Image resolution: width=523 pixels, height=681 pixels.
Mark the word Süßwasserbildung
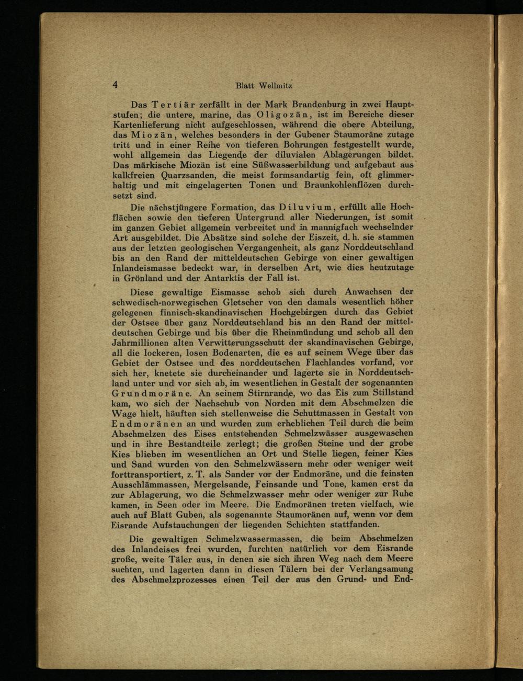point(275,166)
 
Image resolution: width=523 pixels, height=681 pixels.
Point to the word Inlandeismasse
point(146,268)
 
